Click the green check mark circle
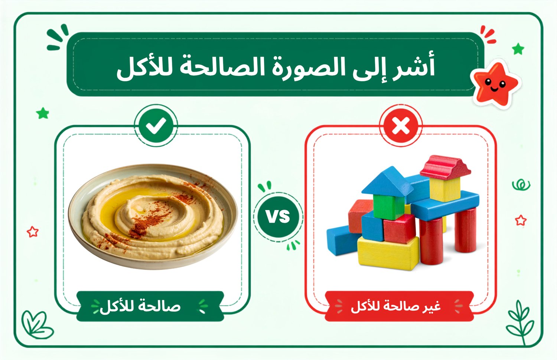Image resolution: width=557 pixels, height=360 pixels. (x=156, y=125)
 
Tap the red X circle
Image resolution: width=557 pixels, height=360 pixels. (x=401, y=125)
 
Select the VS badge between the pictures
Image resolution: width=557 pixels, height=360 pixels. (x=278, y=216)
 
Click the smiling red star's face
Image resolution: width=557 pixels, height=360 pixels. (x=495, y=85)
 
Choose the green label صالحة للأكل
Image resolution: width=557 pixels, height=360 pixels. (x=150, y=306)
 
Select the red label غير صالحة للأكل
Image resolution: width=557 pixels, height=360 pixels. (x=399, y=306)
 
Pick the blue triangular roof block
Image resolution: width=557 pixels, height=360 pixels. (x=387, y=181)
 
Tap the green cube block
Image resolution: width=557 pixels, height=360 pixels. (x=389, y=207)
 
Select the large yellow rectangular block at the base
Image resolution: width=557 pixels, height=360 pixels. (x=388, y=253)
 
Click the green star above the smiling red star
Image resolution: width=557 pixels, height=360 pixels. (x=518, y=49)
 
